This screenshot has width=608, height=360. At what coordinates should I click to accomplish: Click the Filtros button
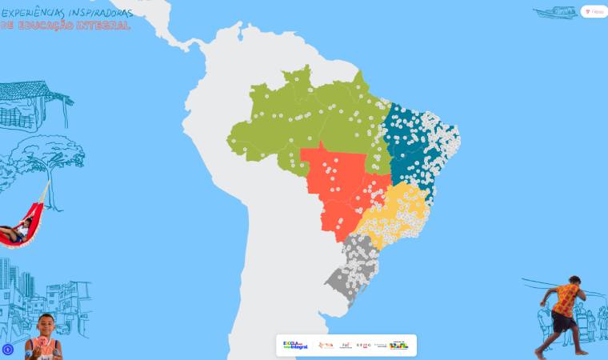594,12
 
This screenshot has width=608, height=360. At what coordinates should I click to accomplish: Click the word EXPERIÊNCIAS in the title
30,13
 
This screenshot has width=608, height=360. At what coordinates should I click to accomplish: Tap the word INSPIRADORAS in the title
97,13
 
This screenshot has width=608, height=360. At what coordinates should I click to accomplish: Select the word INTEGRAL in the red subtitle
104,26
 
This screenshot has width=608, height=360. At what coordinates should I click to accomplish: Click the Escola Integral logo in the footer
295,345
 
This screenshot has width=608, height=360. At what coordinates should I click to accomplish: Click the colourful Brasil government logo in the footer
398,345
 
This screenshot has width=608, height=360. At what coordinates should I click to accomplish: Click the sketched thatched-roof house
32,104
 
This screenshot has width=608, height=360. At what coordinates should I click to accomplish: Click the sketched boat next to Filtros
554,13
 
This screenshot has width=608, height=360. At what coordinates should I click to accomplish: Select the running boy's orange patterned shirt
566,298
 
